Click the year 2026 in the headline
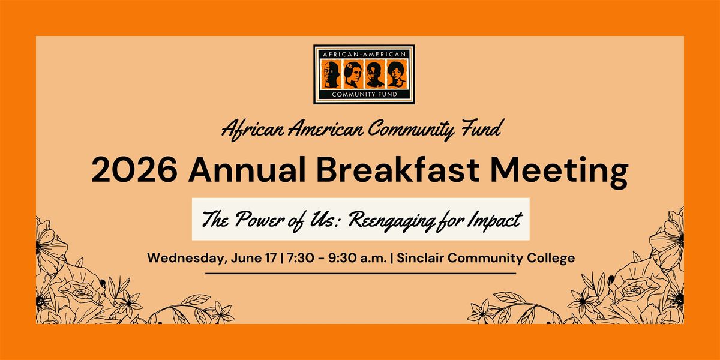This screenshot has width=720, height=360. coord(134,170)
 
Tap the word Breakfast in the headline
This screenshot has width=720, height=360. coord(398,169)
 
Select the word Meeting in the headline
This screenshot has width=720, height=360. coord(559,172)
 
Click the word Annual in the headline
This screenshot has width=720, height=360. coord(247,169)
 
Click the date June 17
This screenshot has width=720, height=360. coord(254,258)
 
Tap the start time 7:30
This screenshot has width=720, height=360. coord(301,258)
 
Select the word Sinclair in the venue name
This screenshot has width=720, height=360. coord(420,258)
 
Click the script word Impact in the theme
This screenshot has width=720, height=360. coord(495,221)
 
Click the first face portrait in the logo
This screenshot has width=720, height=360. coord(331,74)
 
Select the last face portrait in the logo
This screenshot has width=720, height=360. coord(397,74)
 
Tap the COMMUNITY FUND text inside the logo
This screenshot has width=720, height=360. coord(365,95)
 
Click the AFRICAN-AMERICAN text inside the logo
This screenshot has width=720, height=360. coord(364,55)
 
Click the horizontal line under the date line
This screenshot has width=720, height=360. coord(361,274)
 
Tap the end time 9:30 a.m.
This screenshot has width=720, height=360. coord(358,258)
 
